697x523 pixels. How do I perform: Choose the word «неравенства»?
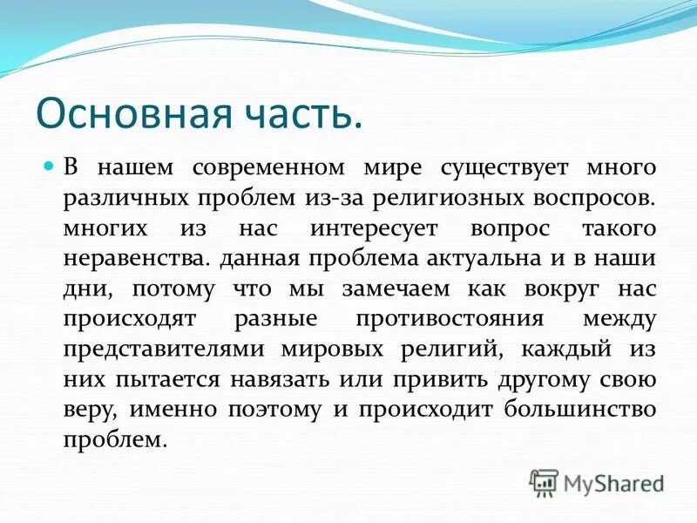coord(137,259)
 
